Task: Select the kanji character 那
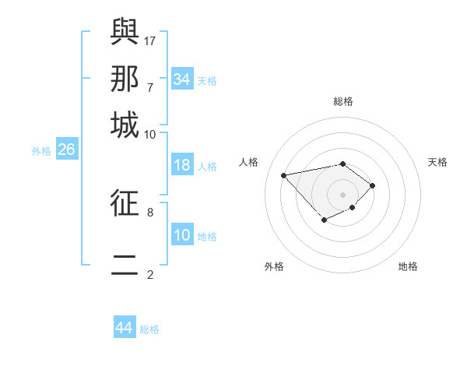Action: coord(125,78)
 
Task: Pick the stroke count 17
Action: coord(150,40)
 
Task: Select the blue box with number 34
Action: coord(182,79)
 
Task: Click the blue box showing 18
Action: coord(182,166)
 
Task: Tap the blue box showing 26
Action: coord(66,150)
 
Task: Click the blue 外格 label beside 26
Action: coord(41,151)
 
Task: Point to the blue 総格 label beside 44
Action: coord(149,329)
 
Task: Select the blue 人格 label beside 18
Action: coord(207,167)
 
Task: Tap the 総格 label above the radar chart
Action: coord(343,101)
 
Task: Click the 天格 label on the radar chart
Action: coord(437,162)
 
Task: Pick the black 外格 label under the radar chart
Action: coord(274,267)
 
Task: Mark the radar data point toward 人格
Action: coord(284,174)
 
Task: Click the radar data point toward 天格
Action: coord(373,185)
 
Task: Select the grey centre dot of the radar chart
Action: coord(343,194)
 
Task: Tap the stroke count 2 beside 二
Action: coord(150,274)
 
